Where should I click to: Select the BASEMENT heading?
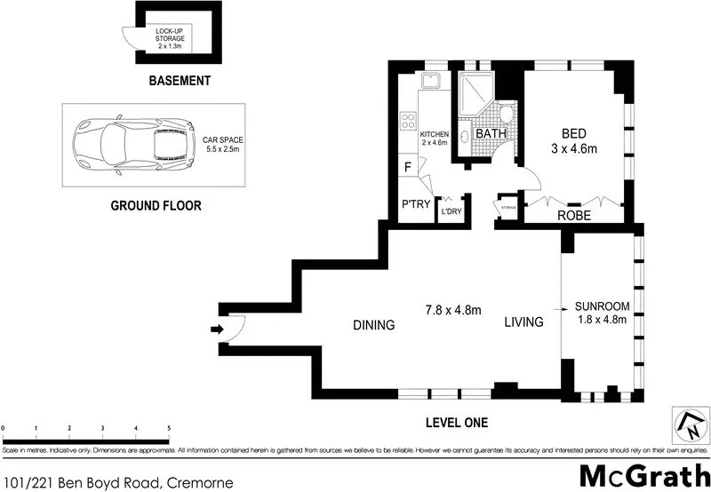180,81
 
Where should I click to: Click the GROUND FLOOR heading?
156,206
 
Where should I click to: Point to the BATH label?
491,134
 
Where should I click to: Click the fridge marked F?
407,167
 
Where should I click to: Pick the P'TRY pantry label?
416,205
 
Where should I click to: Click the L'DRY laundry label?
451,210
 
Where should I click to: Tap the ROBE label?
574,215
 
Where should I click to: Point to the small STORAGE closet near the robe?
509,208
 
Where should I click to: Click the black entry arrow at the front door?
216,329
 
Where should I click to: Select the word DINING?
372,325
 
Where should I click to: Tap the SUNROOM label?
602,306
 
